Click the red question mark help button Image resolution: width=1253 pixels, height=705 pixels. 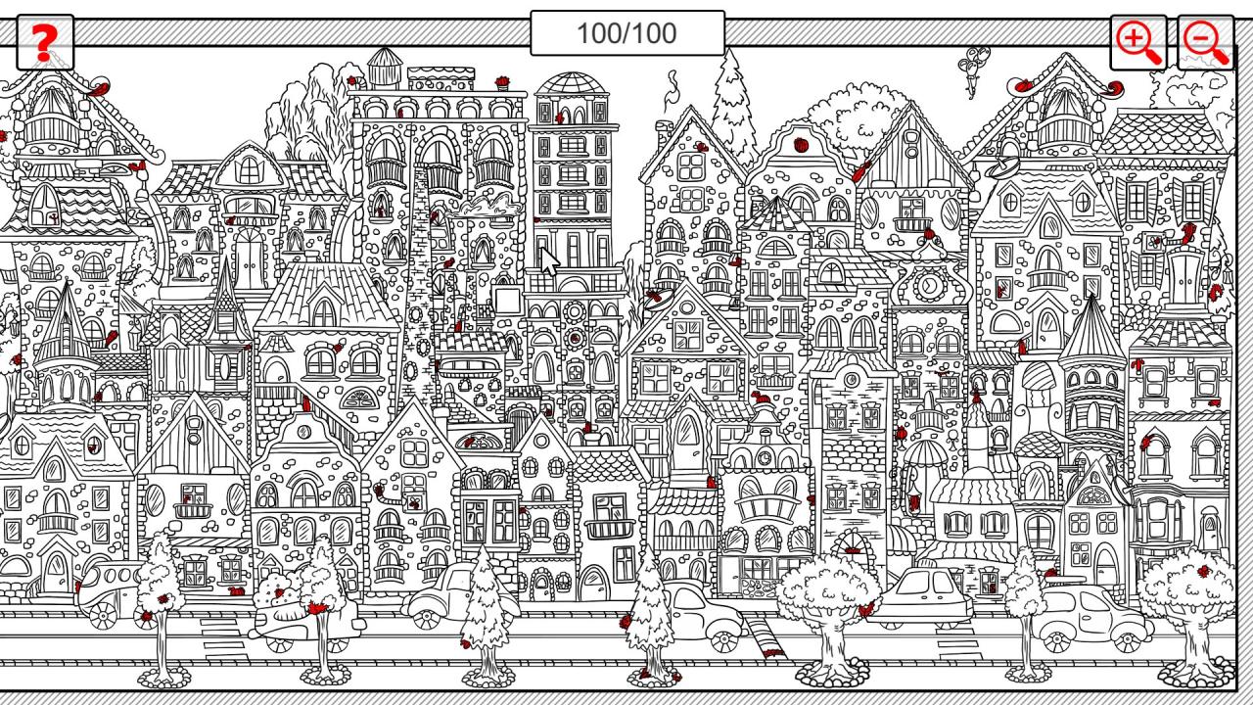(x=45, y=42)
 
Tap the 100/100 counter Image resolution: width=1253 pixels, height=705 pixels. (x=627, y=33)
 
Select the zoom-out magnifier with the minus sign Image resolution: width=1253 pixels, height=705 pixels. (x=1205, y=42)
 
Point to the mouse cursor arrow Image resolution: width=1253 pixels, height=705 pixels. (x=549, y=261)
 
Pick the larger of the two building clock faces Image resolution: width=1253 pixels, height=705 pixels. (x=929, y=286)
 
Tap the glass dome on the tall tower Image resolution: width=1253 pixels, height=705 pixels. (x=571, y=83)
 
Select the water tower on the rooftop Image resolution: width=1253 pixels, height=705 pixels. (x=385, y=68)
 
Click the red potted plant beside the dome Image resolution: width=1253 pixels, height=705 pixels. (x=502, y=83)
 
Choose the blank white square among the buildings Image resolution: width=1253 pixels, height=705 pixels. (x=508, y=300)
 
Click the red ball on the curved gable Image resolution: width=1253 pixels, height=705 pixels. (x=801, y=145)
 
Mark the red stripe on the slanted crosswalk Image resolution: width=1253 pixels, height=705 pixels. (x=772, y=653)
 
